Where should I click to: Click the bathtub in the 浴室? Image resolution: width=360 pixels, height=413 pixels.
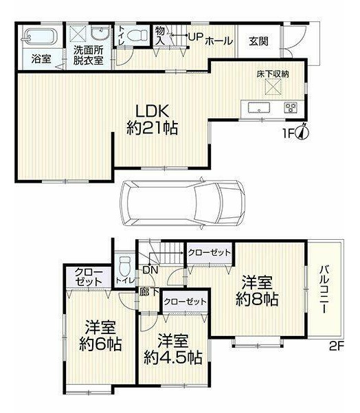[x=40, y=35]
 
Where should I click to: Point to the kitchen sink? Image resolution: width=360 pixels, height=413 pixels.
[x=259, y=107]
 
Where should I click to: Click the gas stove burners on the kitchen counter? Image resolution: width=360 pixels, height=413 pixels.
[x=291, y=107]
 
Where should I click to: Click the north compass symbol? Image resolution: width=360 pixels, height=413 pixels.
[x=303, y=131]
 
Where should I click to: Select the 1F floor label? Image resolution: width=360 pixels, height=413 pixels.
[x=289, y=134]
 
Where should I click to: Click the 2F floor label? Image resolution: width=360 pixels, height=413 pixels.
[x=337, y=346]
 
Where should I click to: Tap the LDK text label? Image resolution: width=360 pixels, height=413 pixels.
[x=152, y=111]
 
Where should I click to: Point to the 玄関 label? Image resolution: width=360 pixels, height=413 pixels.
[x=259, y=41]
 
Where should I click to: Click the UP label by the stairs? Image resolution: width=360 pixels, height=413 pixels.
[x=195, y=37]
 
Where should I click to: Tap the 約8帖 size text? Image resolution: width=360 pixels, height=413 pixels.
[x=257, y=299]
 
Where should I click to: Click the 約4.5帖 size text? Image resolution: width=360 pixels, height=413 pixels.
[x=173, y=357]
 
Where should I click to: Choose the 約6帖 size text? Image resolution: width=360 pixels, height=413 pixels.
[x=100, y=344]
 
